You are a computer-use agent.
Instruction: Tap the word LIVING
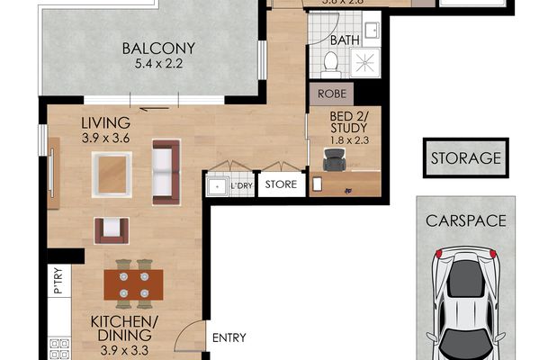pyautogui.click(x=106, y=122)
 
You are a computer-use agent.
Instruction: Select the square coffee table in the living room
pyautogui.click(x=112, y=174)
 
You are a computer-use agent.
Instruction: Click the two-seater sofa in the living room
pyautogui.click(x=166, y=170)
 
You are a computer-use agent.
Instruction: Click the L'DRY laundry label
pyautogui.click(x=240, y=186)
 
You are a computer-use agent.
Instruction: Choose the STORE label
pyautogui.click(x=276, y=186)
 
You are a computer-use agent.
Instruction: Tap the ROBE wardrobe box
pyautogui.click(x=330, y=93)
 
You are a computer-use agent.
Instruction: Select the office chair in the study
pyautogui.click(x=335, y=159)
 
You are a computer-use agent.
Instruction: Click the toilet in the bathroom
pyautogui.click(x=330, y=63)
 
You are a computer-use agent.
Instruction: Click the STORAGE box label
pyautogui.click(x=465, y=158)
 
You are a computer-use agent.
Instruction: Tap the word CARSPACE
pyautogui.click(x=465, y=220)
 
